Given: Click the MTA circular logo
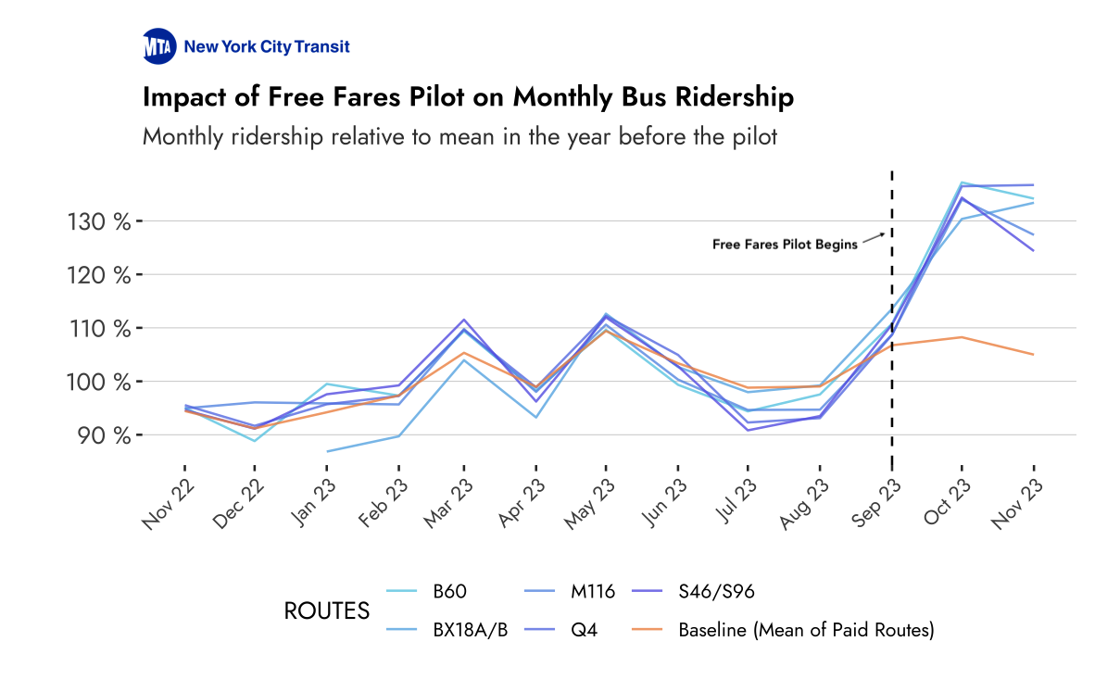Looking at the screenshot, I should [x=158, y=46].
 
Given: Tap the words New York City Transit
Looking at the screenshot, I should [x=267, y=46].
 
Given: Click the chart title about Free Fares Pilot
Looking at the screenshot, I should [x=468, y=97].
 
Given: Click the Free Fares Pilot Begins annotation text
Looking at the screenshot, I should [x=784, y=245].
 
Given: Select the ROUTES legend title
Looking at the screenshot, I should [x=326, y=611].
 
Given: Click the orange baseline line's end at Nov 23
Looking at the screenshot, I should [x=1033, y=354].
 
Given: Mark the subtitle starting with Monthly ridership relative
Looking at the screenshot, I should [x=459, y=137].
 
